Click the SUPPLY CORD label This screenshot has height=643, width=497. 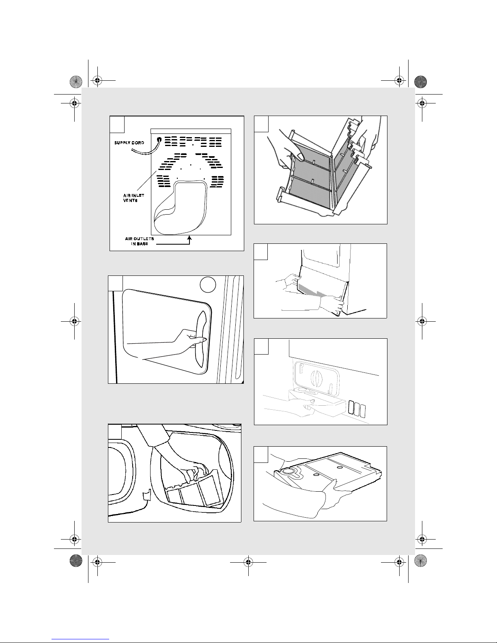129,143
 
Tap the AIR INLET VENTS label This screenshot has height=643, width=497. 134,198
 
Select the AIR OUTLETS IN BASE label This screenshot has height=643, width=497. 139,241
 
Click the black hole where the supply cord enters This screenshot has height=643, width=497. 159,139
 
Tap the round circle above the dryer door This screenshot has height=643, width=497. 208,285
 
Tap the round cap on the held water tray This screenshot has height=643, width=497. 287,471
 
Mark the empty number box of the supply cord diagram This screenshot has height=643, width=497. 117,124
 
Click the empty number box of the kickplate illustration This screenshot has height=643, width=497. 260,252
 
